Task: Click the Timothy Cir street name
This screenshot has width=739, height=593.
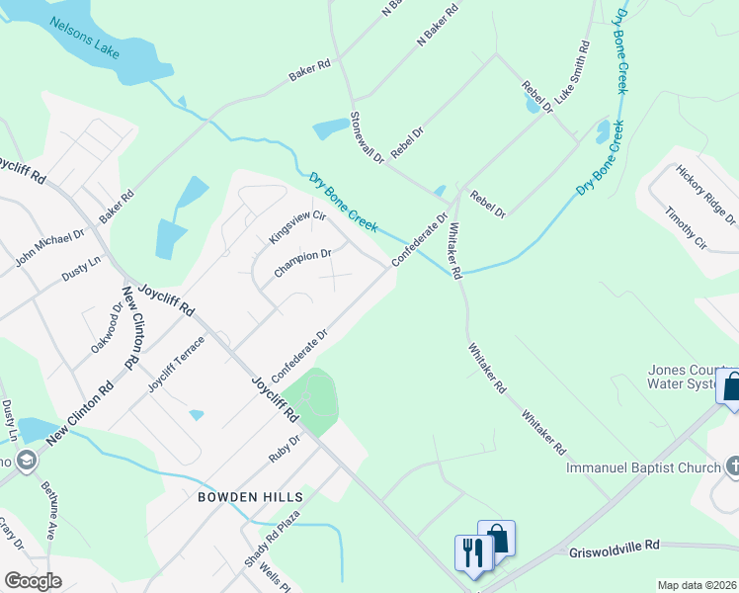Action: (686, 228)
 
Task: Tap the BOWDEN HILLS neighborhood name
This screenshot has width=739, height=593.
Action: (249, 495)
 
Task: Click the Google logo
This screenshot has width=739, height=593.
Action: (33, 580)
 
